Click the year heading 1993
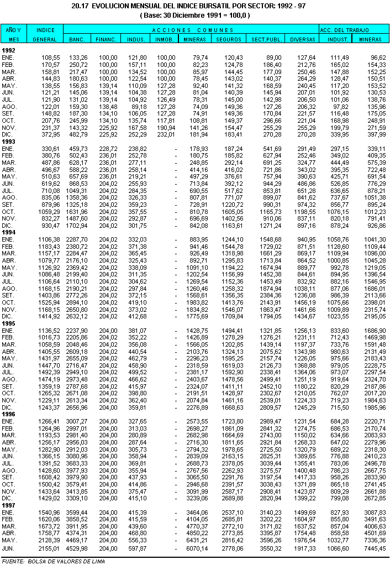[9, 142]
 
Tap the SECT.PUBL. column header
[264, 40]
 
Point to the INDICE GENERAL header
[45, 34]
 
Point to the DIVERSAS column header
[302, 40]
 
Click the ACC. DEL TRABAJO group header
[354, 29]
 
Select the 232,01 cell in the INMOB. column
[166, 134]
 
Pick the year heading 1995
[9, 323]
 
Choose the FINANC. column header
[105, 40]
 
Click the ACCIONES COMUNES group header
[191, 29]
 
